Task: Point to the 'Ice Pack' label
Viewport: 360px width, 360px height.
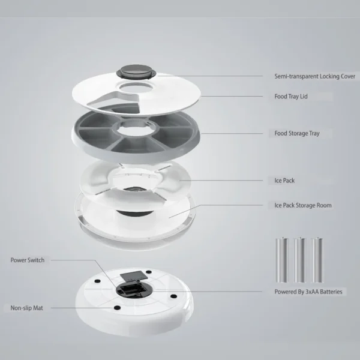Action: (x=284, y=180)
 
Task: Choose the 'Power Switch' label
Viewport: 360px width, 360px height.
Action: (x=27, y=260)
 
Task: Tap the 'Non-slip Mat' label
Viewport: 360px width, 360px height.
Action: (x=27, y=308)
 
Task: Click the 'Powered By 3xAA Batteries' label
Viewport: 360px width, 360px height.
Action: (x=308, y=292)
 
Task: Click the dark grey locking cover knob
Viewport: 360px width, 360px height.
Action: (x=137, y=71)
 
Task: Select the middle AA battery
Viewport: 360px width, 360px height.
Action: (x=297, y=259)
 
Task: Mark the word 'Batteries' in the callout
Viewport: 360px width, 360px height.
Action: (x=330, y=292)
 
